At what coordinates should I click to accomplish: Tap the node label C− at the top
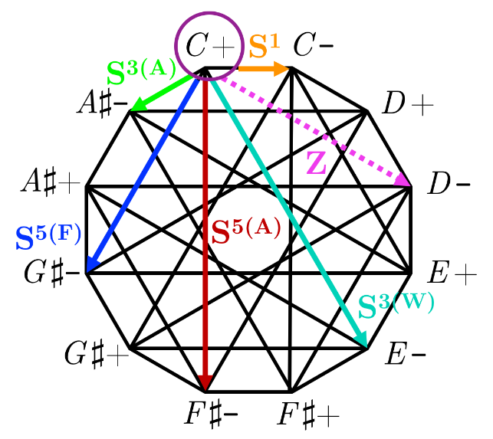(x=313, y=47)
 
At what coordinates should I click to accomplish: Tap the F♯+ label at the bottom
(x=310, y=416)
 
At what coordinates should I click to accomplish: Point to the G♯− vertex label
(x=48, y=272)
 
